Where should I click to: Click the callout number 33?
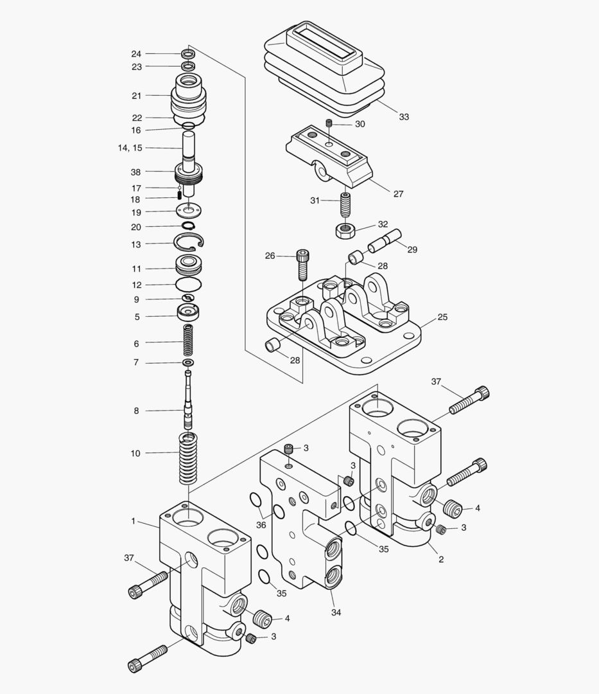tap(404, 117)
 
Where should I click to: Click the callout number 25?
tap(442, 317)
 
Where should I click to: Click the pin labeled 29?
tap(384, 242)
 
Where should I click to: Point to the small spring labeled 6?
tap(188, 341)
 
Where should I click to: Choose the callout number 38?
tap(135, 172)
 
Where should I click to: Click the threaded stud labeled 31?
tap(345, 207)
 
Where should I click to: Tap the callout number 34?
tap(336, 612)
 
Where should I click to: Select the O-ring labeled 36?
tap(254, 501)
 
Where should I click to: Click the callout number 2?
tap(441, 559)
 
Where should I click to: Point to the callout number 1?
tap(134, 521)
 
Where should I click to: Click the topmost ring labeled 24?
tap(188, 53)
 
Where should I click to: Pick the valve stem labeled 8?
tap(188, 404)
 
